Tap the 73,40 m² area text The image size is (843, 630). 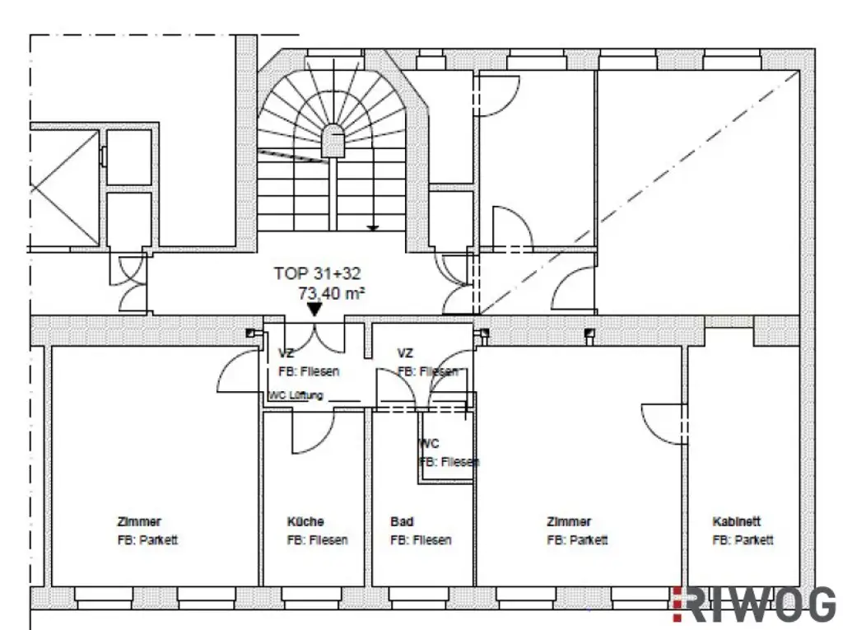(332, 292)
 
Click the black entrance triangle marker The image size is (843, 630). (314, 310)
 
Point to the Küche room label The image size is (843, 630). (305, 521)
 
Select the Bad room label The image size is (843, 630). (402, 521)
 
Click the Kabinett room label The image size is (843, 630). (737, 521)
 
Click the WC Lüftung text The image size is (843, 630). (296, 395)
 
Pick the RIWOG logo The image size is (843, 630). (754, 605)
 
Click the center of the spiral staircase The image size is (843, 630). (333, 140)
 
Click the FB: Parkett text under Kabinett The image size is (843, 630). (743, 540)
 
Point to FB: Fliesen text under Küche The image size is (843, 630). (317, 540)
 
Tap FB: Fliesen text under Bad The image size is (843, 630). (421, 540)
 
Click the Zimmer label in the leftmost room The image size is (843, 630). (139, 521)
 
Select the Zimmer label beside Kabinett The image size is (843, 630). (569, 521)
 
